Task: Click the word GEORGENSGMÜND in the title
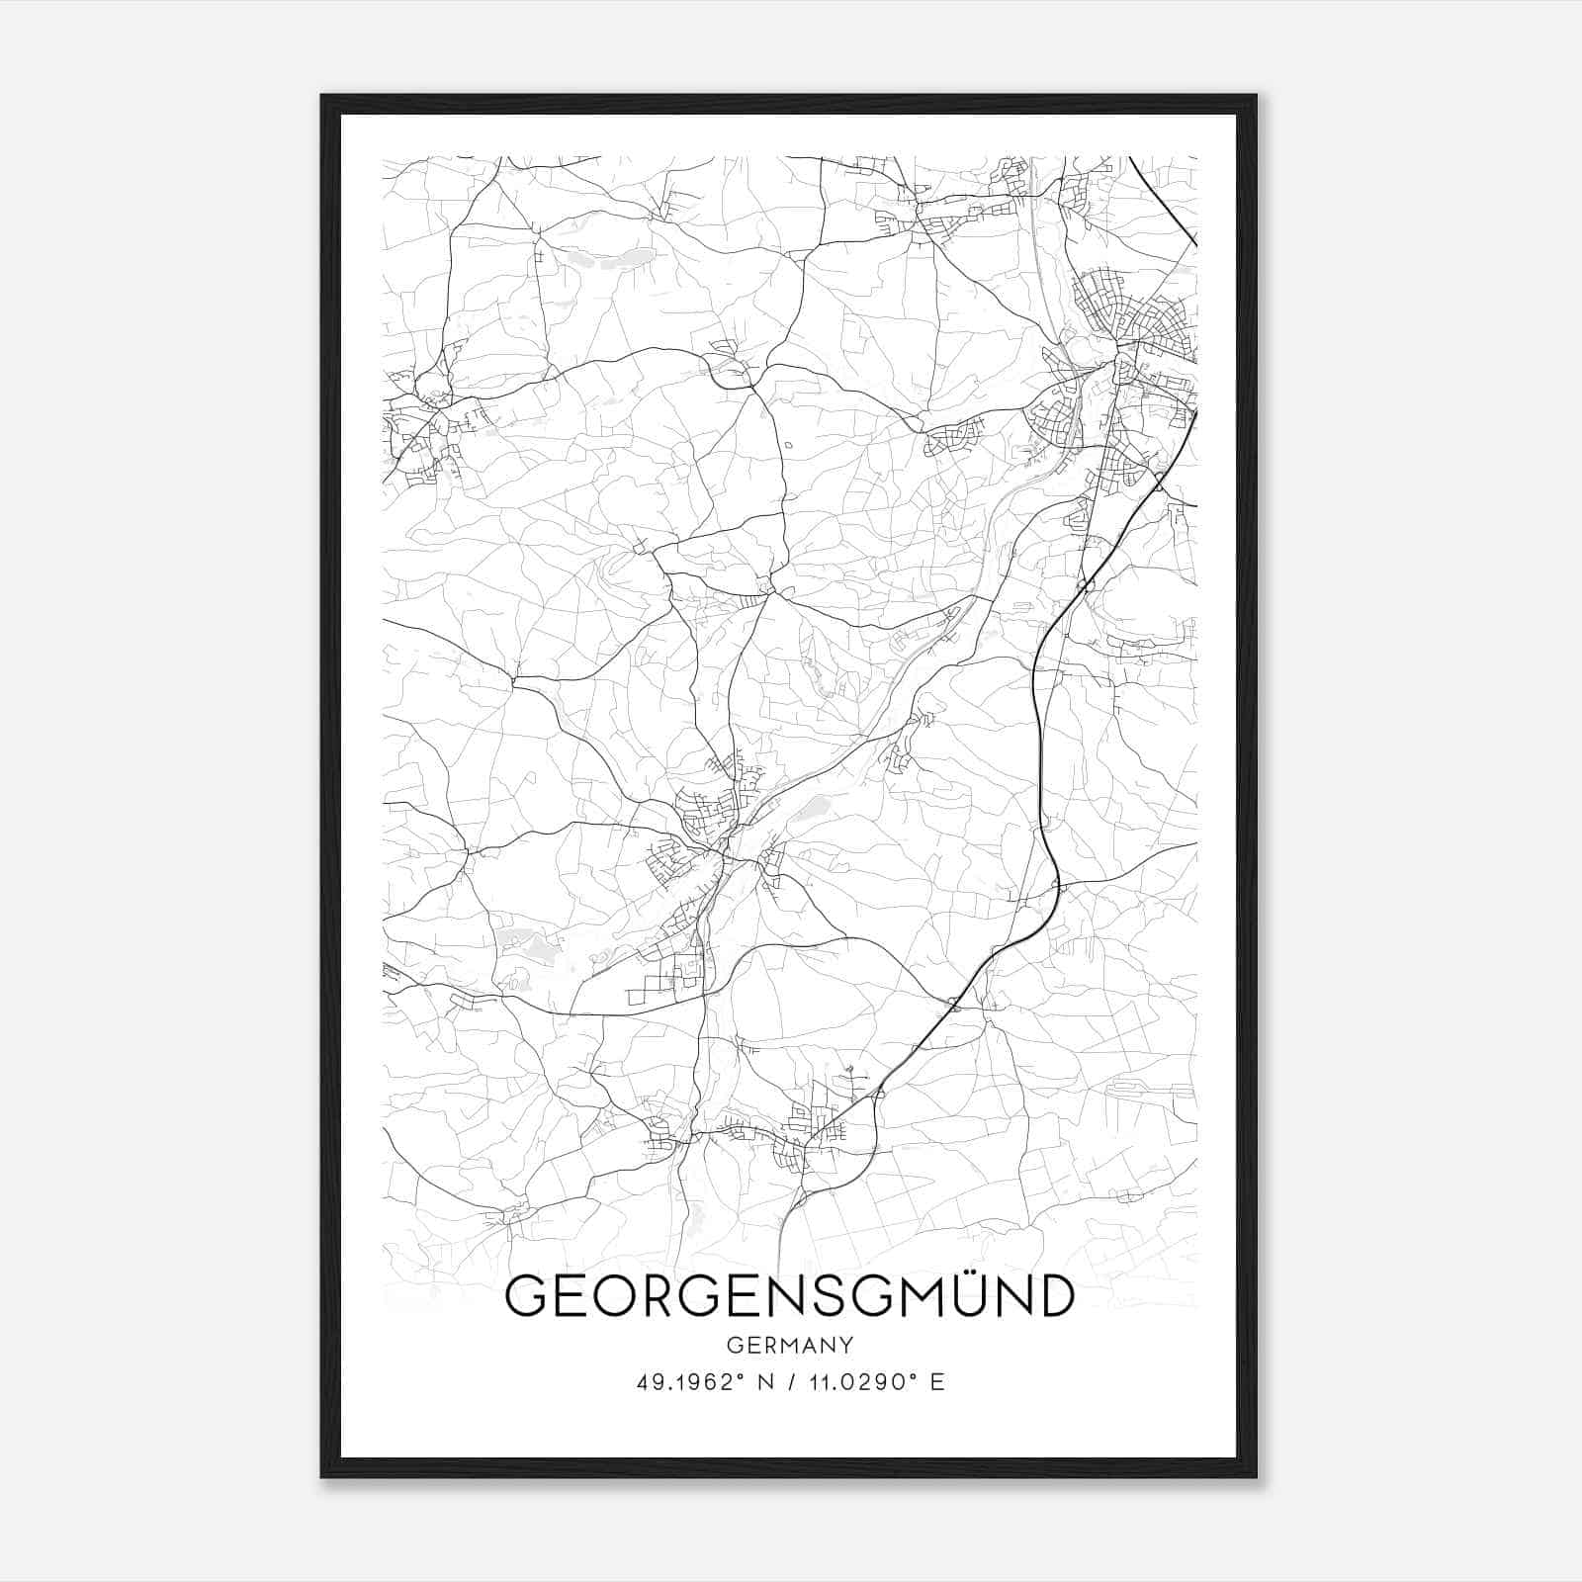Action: pos(789,1296)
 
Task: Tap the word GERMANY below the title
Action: pos(789,1345)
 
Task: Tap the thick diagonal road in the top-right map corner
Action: pos(1165,203)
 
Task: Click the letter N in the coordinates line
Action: pos(760,1382)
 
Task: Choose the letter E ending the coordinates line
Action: pos(937,1382)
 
